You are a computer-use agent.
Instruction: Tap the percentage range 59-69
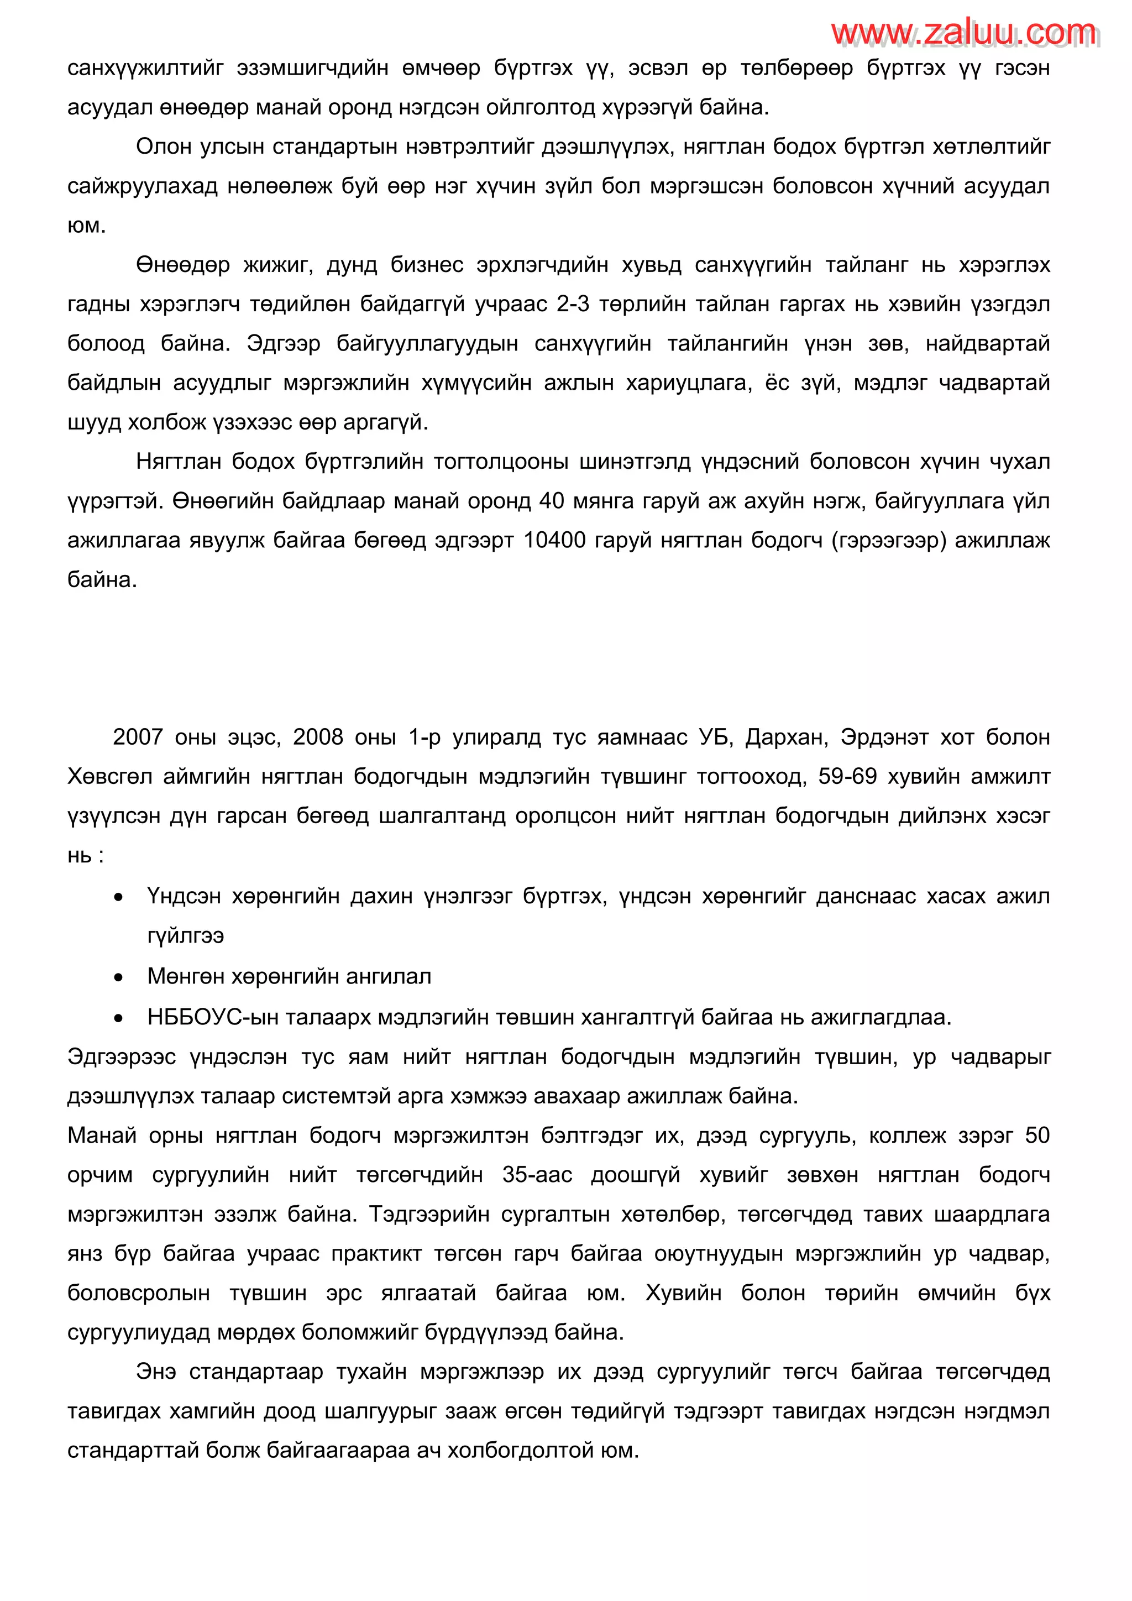click(847, 776)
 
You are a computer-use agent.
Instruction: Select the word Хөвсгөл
click(109, 776)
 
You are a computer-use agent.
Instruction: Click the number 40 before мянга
click(552, 501)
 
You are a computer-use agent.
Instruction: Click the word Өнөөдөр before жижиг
click(182, 265)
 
